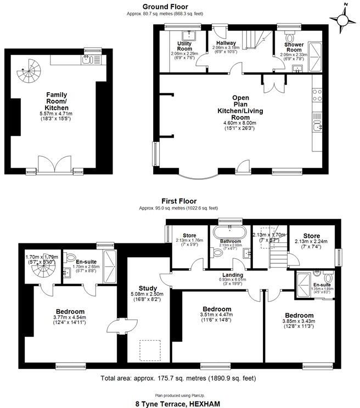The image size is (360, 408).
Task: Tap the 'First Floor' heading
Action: (178, 201)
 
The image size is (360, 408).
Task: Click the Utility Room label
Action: (184, 46)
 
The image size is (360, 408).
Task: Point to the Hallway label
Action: (226, 43)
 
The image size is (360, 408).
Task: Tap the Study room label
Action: (148, 288)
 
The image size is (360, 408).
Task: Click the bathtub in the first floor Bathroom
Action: (228, 230)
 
